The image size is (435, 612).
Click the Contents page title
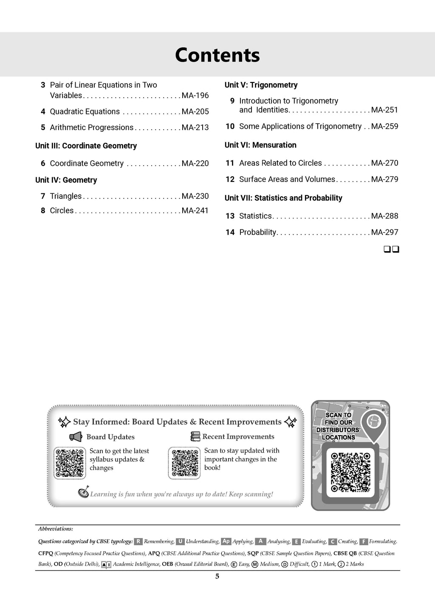217,55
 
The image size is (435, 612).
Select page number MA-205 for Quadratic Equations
195,112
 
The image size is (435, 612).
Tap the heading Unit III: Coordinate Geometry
86,146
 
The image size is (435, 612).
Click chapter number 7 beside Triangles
43,196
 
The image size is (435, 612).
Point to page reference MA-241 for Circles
195,210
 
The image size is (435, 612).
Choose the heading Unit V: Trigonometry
261,85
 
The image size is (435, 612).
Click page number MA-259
384,126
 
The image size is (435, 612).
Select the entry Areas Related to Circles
280,163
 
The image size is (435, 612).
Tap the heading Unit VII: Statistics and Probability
283,198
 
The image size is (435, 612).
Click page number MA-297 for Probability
384,232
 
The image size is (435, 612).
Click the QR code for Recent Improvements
184,463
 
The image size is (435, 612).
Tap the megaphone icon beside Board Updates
76,437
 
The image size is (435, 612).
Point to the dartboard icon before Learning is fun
84,493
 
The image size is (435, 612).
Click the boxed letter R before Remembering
138,541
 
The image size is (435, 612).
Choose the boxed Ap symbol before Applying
226,541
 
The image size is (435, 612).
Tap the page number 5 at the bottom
217,577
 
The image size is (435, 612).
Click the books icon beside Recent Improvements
195,436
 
